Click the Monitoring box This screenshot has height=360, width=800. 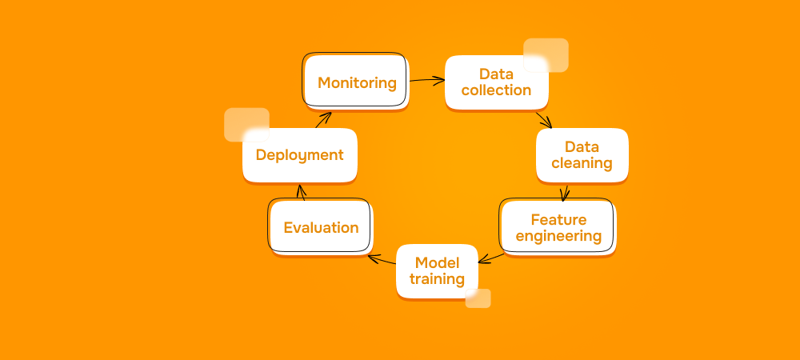[356, 82]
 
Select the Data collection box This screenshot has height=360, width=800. [496, 82]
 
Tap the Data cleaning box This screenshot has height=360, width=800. [582, 155]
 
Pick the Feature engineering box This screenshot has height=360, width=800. [558, 227]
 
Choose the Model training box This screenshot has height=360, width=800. [437, 270]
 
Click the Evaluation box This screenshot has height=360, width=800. [321, 227]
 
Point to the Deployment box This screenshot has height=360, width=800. [299, 155]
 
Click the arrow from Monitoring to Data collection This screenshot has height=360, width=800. [426, 80]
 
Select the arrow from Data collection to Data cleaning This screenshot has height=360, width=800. [544, 119]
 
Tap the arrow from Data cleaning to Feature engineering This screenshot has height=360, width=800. [566, 192]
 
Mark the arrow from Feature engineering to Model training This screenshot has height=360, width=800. [491, 257]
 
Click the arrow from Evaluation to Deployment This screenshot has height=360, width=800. [302, 192]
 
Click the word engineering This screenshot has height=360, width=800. [558, 236]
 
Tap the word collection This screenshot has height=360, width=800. [496, 90]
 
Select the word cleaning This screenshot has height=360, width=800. [582, 163]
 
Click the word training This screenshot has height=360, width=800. [437, 279]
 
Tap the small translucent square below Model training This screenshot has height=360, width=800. [478, 298]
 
